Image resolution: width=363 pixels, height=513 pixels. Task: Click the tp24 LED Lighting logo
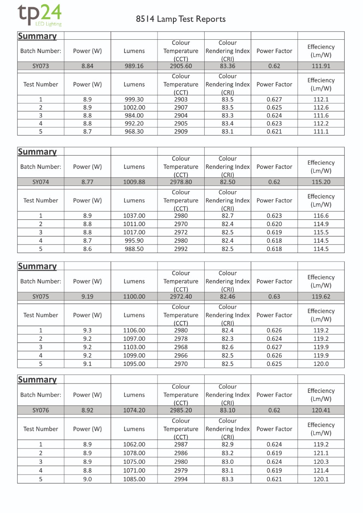pyautogui.click(x=39, y=15)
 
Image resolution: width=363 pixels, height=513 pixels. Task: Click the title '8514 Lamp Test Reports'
pyautogui.click(x=181, y=19)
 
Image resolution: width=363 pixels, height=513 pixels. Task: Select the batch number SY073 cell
pyautogui.click(x=41, y=66)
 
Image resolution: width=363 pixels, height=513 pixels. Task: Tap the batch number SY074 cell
pyautogui.click(x=41, y=182)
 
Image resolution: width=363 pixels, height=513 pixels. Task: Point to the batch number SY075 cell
pyautogui.click(x=41, y=296)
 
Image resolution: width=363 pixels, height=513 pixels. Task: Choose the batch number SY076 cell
pyautogui.click(x=41, y=410)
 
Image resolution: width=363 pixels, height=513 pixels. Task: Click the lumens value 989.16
pyautogui.click(x=134, y=66)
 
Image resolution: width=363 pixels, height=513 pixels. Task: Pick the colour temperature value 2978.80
pyautogui.click(x=181, y=182)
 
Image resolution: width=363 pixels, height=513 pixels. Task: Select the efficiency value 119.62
pyautogui.click(x=321, y=296)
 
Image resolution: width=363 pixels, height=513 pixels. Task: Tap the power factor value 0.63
pyautogui.click(x=274, y=296)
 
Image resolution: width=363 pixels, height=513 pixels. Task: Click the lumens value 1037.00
pyautogui.click(x=134, y=216)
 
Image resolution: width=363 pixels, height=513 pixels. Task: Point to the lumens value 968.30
pyautogui.click(x=134, y=132)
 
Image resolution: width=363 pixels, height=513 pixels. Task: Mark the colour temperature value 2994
pyautogui.click(x=181, y=479)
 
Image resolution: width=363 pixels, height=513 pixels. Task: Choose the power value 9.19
pyautogui.click(x=87, y=296)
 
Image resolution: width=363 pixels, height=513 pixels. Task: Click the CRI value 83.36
pyautogui.click(x=227, y=66)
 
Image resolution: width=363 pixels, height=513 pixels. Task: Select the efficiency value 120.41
pyautogui.click(x=321, y=410)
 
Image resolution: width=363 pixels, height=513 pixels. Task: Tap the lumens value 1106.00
pyautogui.click(x=134, y=330)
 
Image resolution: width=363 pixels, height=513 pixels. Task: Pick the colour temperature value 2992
pyautogui.click(x=181, y=249)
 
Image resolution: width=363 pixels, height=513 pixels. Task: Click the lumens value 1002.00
pyautogui.click(x=134, y=108)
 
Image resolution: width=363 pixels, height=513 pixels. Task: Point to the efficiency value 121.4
pyautogui.click(x=321, y=471)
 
